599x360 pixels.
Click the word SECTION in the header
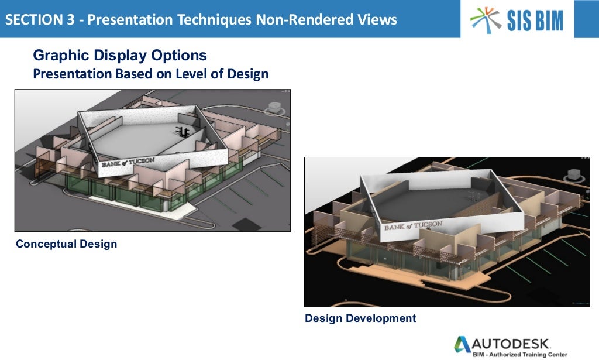click(x=31, y=20)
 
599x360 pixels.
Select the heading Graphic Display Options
click(x=120, y=56)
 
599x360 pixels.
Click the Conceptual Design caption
click(x=66, y=244)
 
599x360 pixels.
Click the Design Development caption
click(x=360, y=318)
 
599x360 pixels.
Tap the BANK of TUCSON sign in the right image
click(x=412, y=226)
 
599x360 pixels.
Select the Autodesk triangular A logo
click(x=463, y=345)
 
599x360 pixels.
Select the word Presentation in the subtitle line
click(x=72, y=74)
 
